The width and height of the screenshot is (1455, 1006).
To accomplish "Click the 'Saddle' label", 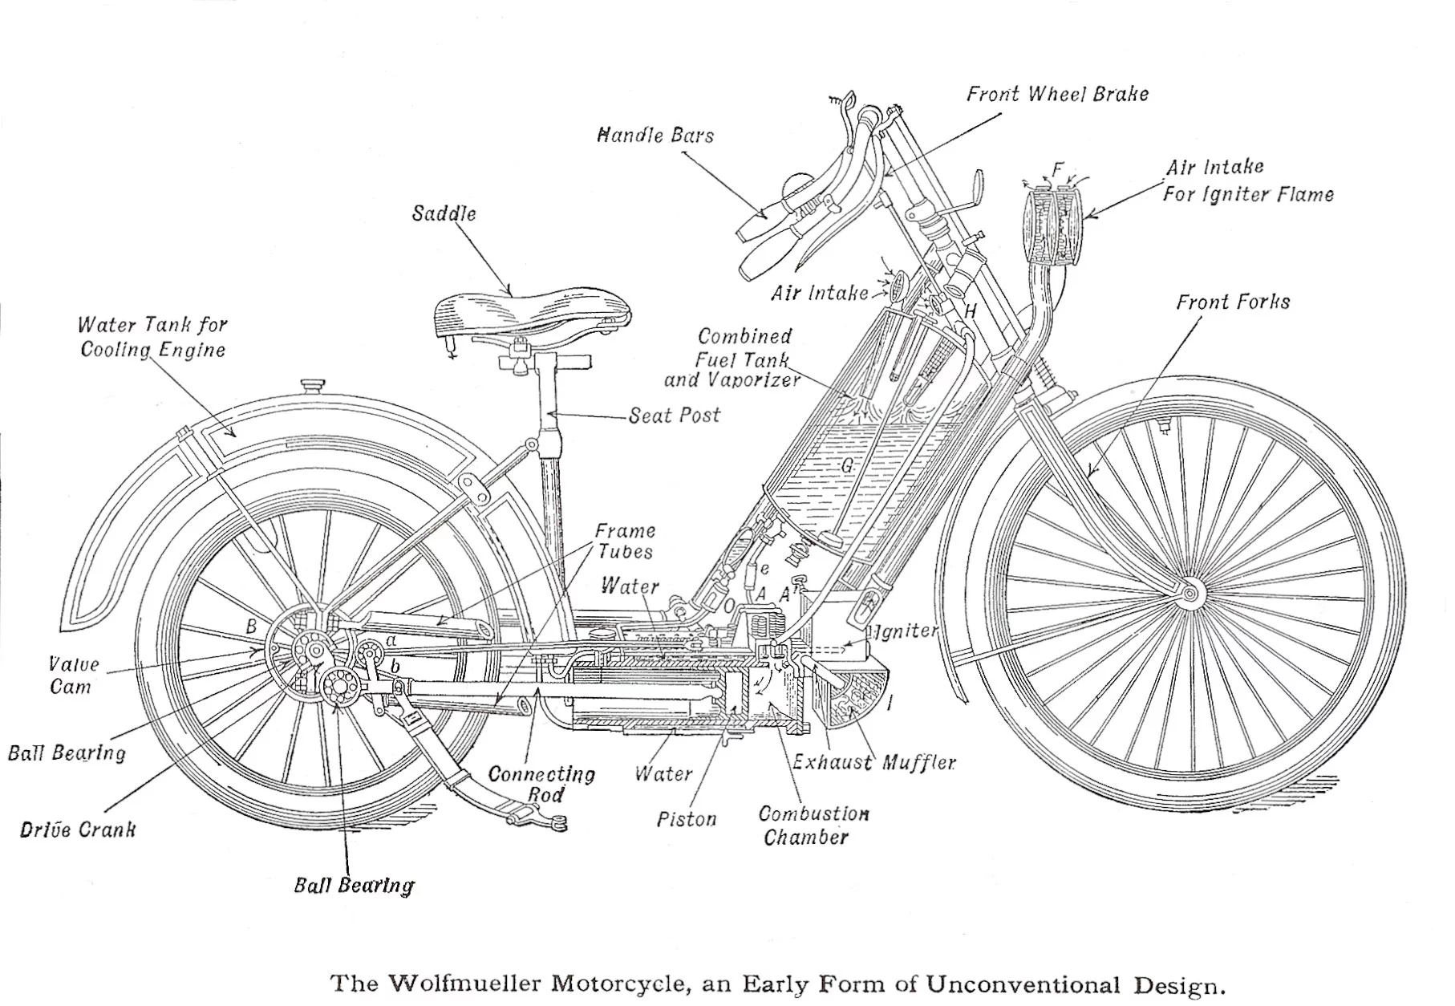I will pos(444,213).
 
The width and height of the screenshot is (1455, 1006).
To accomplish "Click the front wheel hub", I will pos(1190,594).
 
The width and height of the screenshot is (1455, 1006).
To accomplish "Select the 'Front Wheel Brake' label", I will pos(1056,94).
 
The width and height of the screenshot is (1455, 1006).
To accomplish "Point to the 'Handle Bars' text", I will pos(655,135).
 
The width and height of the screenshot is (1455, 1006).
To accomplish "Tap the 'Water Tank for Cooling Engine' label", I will pos(152,337).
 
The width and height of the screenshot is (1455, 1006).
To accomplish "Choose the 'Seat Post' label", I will pos(674,416).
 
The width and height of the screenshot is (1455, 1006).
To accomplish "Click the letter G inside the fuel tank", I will pos(847,465).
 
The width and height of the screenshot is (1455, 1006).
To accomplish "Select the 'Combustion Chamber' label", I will pos(813,825).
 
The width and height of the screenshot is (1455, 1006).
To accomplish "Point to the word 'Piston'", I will pos(686,819).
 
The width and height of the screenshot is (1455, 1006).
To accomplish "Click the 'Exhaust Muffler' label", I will pos(873,762).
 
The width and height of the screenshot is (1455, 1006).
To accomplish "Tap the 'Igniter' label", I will pos(906,632).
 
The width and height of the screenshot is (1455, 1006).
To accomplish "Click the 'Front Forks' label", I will pos(1233,302).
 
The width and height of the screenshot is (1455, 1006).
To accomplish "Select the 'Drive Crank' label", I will pos(78,830).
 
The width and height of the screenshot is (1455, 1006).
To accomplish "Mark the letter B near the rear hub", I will pos(251,627).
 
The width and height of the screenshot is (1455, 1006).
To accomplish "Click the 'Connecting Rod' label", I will pos(542,784).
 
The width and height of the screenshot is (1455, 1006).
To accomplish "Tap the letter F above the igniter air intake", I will pos(1057,169).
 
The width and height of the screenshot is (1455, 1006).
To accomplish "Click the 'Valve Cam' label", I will pos(73,675).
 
